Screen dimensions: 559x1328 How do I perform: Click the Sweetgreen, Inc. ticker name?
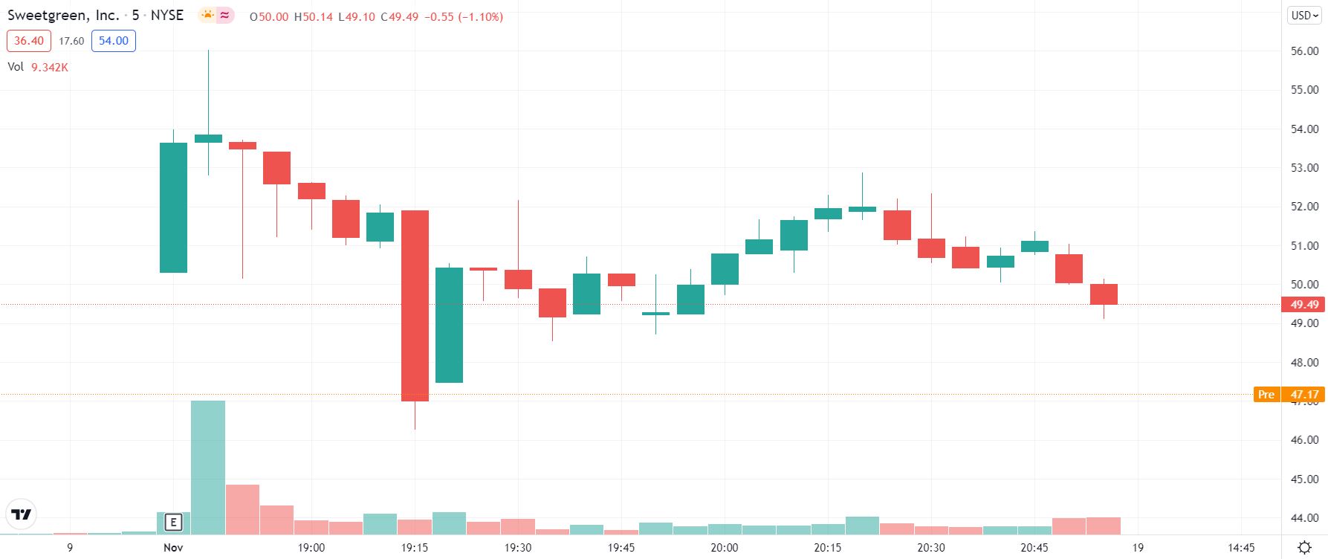click(63, 15)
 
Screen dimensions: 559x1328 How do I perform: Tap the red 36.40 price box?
click(28, 41)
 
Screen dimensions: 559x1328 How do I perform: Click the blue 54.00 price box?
click(113, 41)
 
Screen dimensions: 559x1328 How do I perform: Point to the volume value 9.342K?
click(50, 67)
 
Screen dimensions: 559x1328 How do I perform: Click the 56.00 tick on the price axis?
click(1304, 51)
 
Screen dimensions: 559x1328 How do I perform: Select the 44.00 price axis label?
click(1304, 518)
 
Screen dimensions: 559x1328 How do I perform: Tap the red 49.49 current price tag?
click(1304, 304)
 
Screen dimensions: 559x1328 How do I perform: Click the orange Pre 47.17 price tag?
click(1289, 394)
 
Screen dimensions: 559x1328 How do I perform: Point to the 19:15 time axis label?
click(415, 548)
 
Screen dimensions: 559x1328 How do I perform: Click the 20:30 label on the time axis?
click(930, 548)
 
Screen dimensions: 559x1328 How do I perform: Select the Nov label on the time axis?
click(173, 548)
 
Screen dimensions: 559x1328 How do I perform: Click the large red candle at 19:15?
click(415, 306)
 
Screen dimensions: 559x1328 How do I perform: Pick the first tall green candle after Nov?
click(174, 207)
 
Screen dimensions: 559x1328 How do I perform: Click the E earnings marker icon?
click(173, 523)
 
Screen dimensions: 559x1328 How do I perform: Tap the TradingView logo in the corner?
click(21, 514)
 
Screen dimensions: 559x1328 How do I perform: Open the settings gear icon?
click(1303, 548)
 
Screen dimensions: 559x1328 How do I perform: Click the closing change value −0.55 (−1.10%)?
click(464, 16)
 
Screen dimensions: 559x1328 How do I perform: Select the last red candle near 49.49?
click(1104, 294)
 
